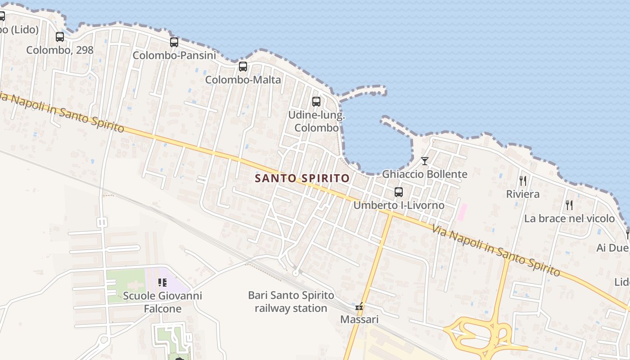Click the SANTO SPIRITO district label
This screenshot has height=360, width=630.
pyautogui.click(x=302, y=178)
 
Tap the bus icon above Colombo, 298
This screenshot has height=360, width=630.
pyautogui.click(x=60, y=37)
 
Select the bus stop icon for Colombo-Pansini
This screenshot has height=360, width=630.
pyautogui.click(x=174, y=42)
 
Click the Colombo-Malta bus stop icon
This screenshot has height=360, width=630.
pyautogui.click(x=243, y=67)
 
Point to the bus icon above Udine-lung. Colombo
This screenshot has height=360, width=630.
pyautogui.click(x=316, y=102)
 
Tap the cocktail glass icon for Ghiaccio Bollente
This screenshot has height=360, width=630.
pyautogui.click(x=424, y=161)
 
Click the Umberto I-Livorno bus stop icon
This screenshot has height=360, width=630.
pyautogui.click(x=399, y=192)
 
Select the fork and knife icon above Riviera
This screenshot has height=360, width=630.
pyautogui.click(x=523, y=181)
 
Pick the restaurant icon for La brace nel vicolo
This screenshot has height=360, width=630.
pyautogui.click(x=569, y=205)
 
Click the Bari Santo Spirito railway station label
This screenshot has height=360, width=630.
pyautogui.click(x=291, y=302)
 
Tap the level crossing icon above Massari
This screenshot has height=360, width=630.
pyautogui.click(x=359, y=307)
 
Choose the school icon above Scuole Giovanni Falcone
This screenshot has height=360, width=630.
pyautogui.click(x=162, y=283)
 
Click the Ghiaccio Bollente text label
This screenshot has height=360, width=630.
pyautogui.click(x=424, y=174)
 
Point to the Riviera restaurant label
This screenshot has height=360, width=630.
pyautogui.click(x=523, y=194)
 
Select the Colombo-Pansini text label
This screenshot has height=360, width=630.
pyautogui.click(x=174, y=55)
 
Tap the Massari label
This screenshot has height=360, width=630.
pyautogui.click(x=359, y=319)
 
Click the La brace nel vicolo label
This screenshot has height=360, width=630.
pyautogui.click(x=569, y=219)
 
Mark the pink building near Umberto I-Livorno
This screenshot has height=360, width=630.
pyautogui.click(x=462, y=212)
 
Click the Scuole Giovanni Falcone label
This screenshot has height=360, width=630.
pyautogui.click(x=162, y=302)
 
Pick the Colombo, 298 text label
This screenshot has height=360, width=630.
pyautogui.click(x=60, y=50)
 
